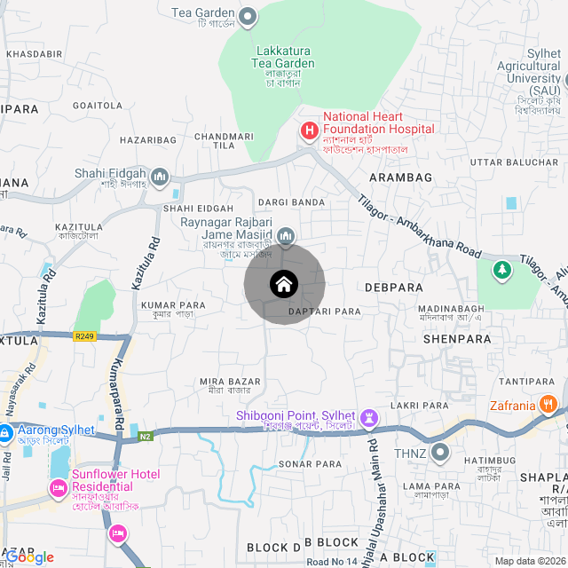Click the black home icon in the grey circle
coord(284,284)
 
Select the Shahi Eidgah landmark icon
coord(161,177)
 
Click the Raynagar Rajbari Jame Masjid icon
coord(286,236)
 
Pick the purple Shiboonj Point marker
coord(369,417)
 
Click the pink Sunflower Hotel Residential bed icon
coord(59,486)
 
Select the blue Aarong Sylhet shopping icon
coord(4,434)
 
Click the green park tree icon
coord(502,268)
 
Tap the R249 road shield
coord(85,336)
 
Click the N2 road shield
coord(146,435)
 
